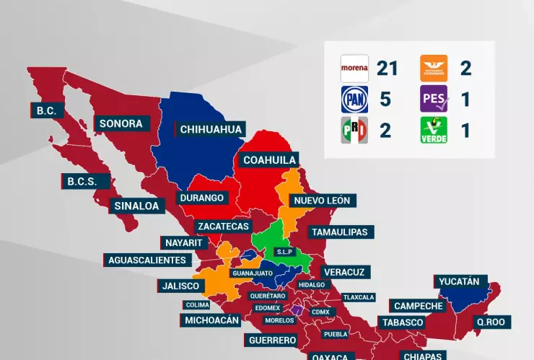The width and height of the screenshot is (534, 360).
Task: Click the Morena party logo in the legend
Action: coord(354,69)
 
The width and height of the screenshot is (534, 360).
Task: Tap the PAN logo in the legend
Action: coord(354,100)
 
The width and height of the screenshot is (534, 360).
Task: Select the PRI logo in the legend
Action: coord(354,131)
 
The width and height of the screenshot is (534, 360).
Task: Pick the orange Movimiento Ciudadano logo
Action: coord(434,69)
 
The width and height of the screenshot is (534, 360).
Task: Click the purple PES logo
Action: coord(434,100)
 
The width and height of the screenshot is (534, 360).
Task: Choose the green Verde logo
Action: coord(434,131)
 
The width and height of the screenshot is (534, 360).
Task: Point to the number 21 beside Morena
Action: coord(387,69)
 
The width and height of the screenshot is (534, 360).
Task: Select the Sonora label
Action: coord(121,123)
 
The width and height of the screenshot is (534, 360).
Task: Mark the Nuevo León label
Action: coord(321,200)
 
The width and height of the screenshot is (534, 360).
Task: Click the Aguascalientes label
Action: coord(147,260)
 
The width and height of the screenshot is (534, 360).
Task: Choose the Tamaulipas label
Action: coord(338,232)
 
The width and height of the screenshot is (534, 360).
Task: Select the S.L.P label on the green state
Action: coord(283,252)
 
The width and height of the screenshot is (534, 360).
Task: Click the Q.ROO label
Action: coord(491,322)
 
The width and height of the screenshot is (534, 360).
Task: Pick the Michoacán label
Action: coord(211,320)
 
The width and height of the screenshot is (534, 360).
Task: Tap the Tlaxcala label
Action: coord(359,297)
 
